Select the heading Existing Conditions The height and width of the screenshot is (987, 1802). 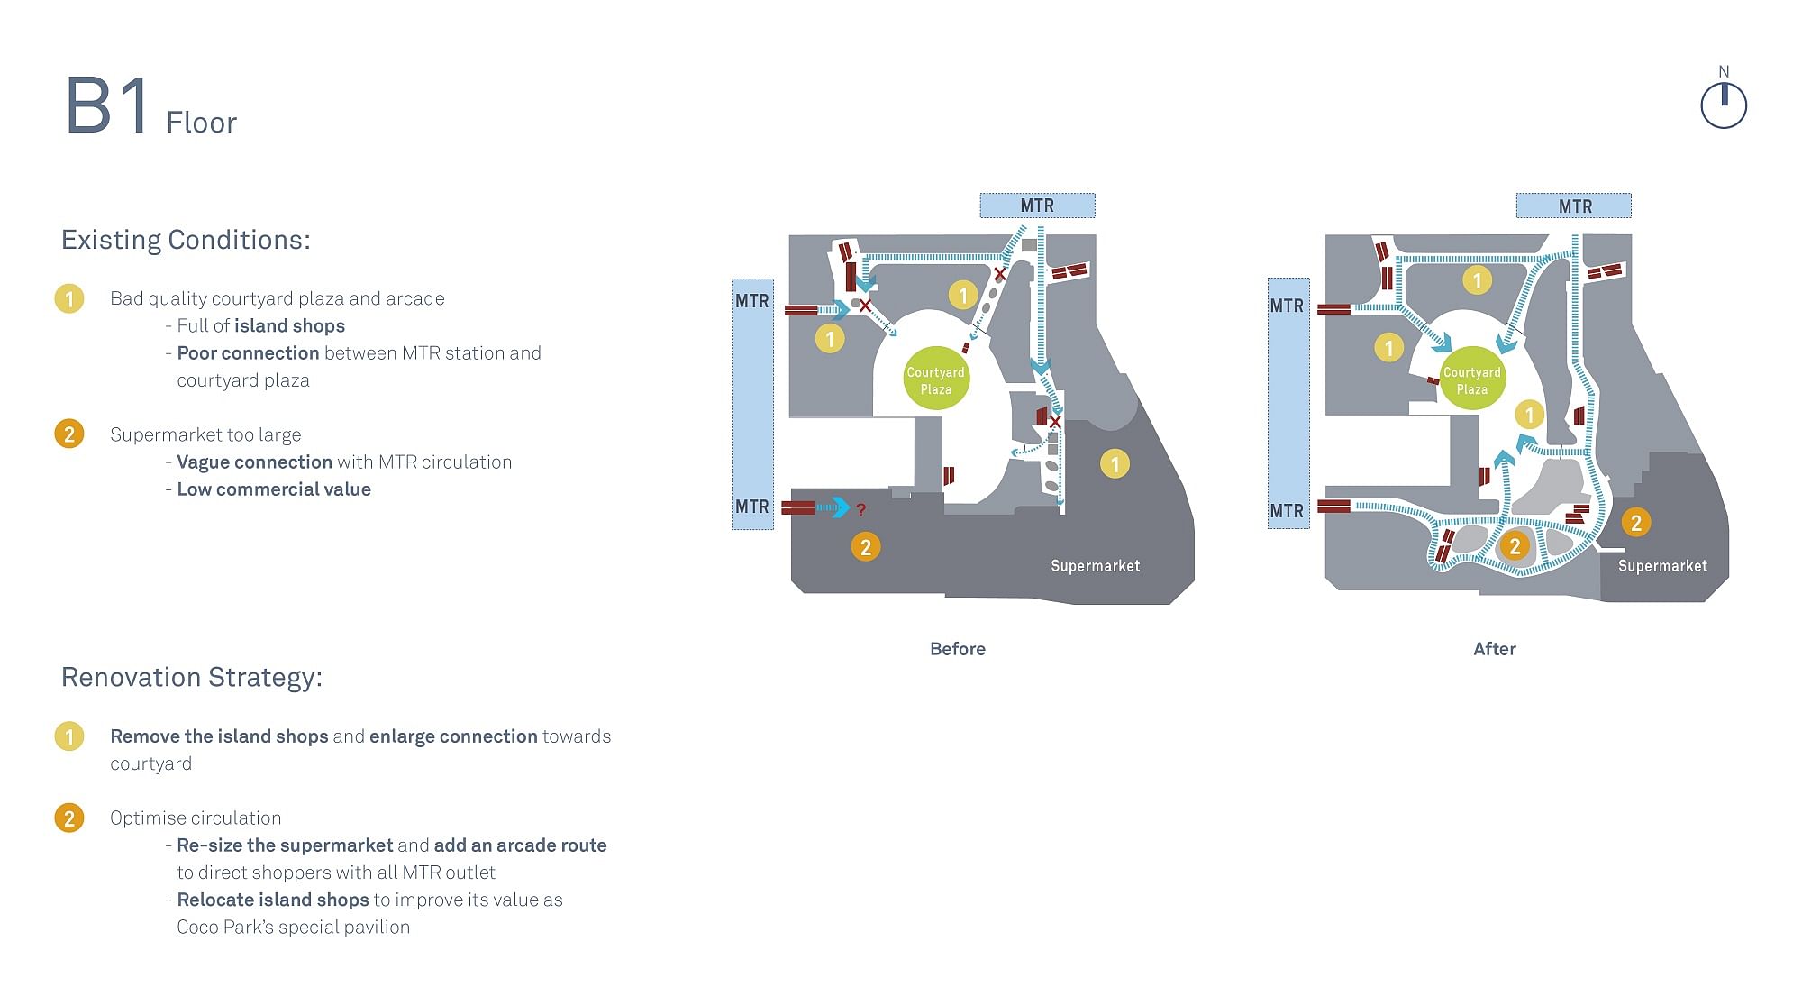click(186, 240)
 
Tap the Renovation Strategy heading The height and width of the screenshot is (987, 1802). click(192, 677)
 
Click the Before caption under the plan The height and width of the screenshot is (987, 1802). click(958, 649)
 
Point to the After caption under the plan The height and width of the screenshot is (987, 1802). click(1495, 649)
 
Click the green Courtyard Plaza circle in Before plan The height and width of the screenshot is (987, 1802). click(936, 379)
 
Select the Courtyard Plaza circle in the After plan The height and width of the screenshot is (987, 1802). click(1472, 379)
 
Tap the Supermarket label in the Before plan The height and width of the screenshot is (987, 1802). click(1096, 566)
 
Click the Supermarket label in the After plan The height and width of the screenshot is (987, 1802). click(1662, 566)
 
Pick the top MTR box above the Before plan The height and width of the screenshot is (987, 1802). click(1038, 206)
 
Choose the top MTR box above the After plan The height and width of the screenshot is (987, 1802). click(1574, 206)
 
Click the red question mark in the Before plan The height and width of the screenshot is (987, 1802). click(861, 510)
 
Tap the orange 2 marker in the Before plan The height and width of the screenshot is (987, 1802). click(866, 546)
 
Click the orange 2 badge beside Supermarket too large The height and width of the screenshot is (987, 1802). click(69, 434)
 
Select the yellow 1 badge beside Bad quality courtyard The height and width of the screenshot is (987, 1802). click(69, 298)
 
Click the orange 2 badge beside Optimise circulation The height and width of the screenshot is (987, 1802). click(69, 818)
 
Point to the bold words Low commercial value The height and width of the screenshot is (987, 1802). click(274, 489)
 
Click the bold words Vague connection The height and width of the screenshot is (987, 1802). click(254, 462)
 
